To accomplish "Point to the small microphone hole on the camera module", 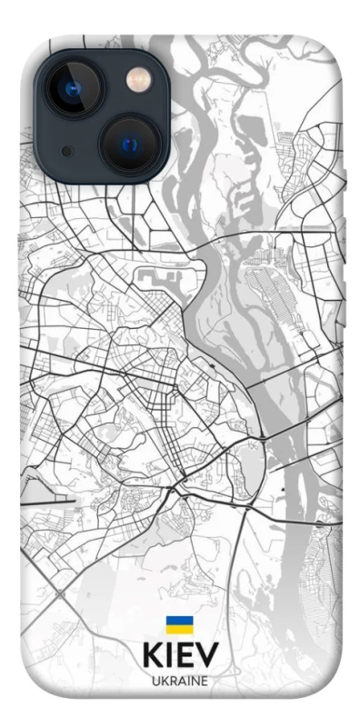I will tap(66, 150).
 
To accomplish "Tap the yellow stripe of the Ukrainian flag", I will tap(178, 629).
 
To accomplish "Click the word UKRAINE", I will tap(180, 682).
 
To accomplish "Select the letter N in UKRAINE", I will tap(195, 682).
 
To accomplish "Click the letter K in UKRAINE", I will tap(165, 682).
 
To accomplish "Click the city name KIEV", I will tap(179, 654).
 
